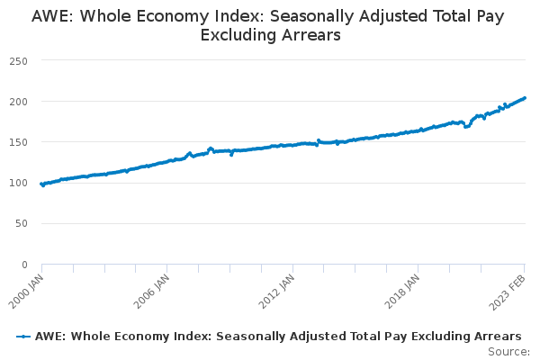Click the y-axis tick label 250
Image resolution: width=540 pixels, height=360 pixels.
coord(18,60)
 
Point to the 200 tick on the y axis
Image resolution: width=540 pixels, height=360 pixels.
coord(18,101)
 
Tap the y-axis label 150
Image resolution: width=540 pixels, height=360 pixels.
coord(18,142)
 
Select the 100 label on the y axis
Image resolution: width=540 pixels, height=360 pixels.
coord(18,183)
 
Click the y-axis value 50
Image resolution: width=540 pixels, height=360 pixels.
coord(21,223)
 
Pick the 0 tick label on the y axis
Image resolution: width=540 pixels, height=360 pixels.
coord(24,265)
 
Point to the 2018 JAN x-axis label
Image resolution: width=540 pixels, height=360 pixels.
coord(403,287)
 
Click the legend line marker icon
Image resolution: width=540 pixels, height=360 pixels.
coord(23,336)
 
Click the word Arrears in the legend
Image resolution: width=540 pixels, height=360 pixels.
coord(497,336)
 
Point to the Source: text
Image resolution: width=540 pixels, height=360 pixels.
coord(508,351)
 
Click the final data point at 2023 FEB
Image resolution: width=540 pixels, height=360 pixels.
coord(525,98)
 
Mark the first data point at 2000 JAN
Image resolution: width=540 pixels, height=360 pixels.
coord(41,184)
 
